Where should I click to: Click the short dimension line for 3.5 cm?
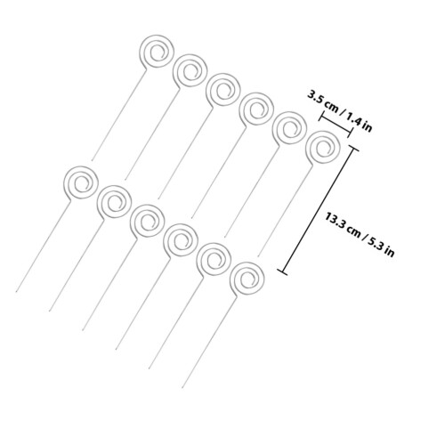[x=336, y=125]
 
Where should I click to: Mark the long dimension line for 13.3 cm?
[x=318, y=210]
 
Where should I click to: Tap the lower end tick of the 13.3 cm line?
[x=282, y=272]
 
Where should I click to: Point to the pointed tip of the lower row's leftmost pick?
[x=16, y=292]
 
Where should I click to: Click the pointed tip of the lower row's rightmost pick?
[x=182, y=388]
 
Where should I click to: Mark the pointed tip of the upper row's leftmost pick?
[x=92, y=160]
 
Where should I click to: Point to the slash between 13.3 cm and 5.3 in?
[x=364, y=235]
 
